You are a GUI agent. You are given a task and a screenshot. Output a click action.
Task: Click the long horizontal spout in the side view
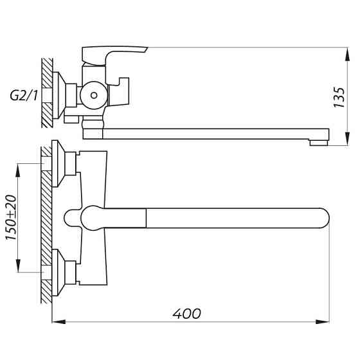pyautogui.click(x=212, y=133)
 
